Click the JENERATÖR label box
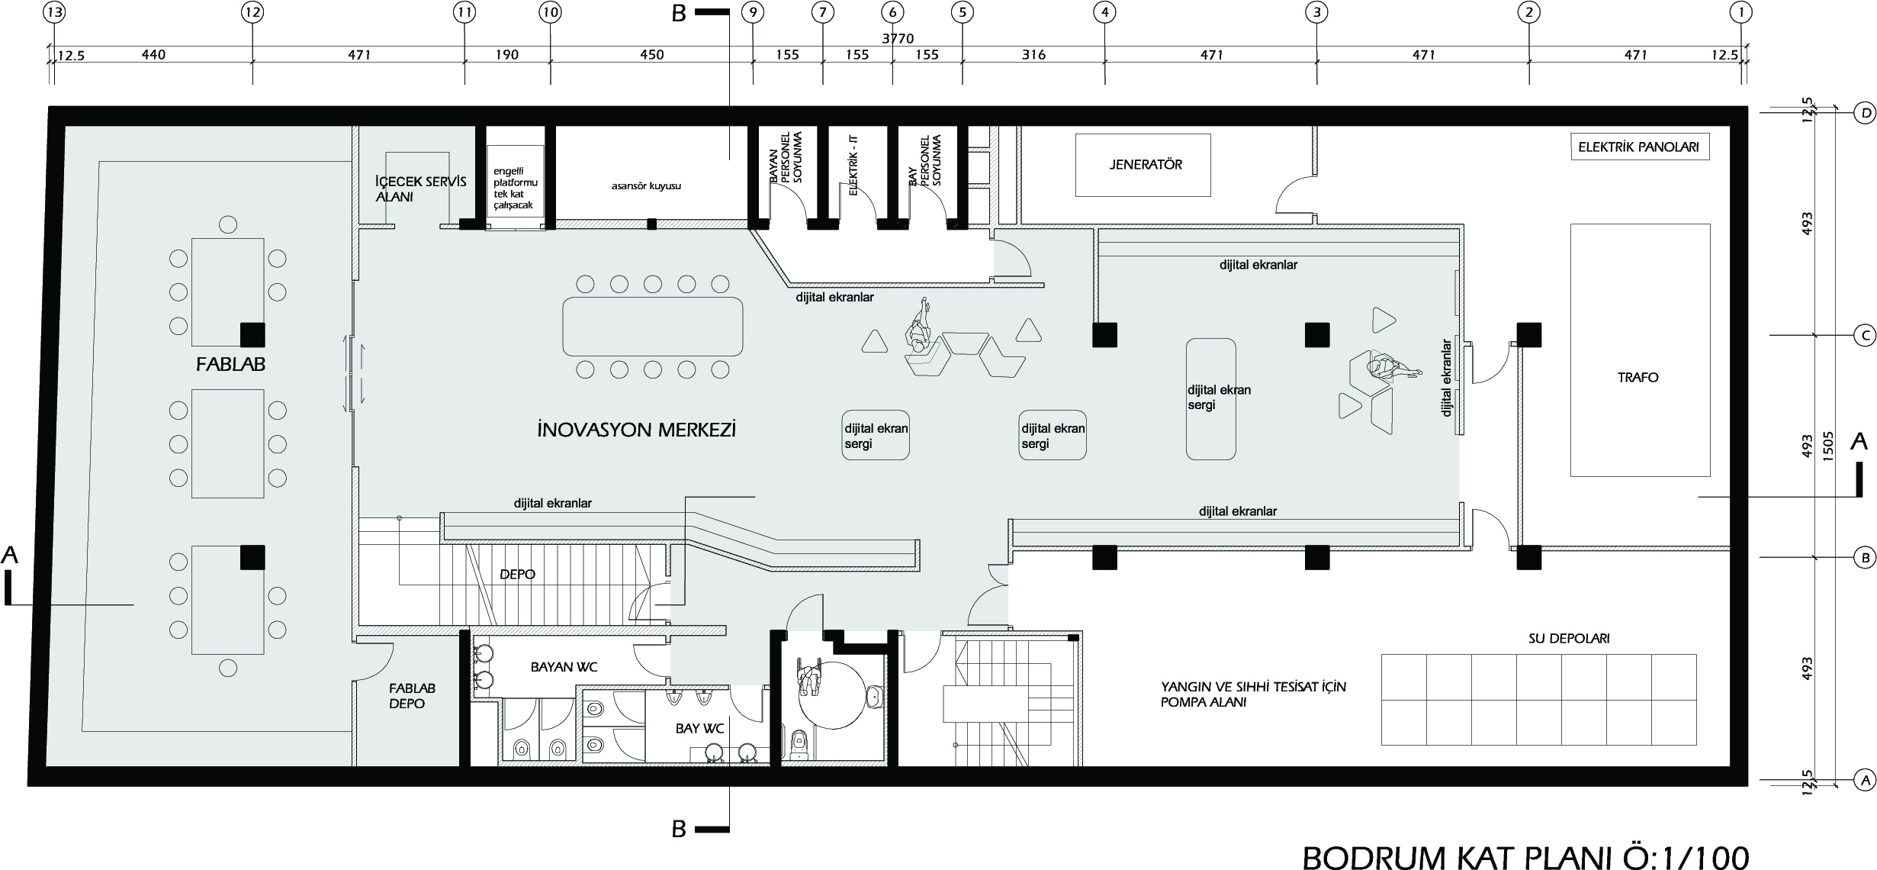(x=1142, y=165)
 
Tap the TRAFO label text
(x=1638, y=377)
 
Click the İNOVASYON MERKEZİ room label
(x=636, y=430)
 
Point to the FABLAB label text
(x=230, y=365)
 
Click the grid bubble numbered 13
(x=55, y=12)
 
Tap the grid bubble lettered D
(x=1862, y=135)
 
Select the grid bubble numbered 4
(x=1104, y=12)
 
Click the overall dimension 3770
(x=898, y=39)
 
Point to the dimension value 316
(x=1033, y=55)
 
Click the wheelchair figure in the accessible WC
(x=807, y=676)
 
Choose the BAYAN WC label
(x=564, y=667)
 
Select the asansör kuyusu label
(x=646, y=185)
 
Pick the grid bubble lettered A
(x=1862, y=801)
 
